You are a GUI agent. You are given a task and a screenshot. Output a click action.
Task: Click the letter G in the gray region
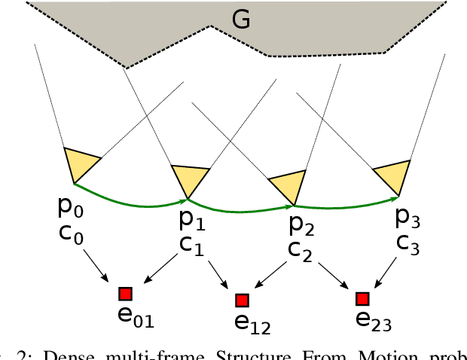click(x=241, y=20)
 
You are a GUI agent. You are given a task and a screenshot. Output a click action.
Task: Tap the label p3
click(x=407, y=219)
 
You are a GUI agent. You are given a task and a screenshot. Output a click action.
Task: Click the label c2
click(x=301, y=250)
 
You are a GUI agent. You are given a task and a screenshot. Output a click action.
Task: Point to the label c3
click(x=407, y=244)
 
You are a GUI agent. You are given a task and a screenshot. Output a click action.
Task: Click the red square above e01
click(x=125, y=294)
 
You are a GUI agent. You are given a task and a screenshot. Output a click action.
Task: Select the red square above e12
click(x=242, y=301)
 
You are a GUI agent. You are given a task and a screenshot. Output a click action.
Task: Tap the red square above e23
click(x=363, y=299)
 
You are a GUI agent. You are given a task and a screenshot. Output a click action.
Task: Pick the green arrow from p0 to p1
click(x=128, y=197)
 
